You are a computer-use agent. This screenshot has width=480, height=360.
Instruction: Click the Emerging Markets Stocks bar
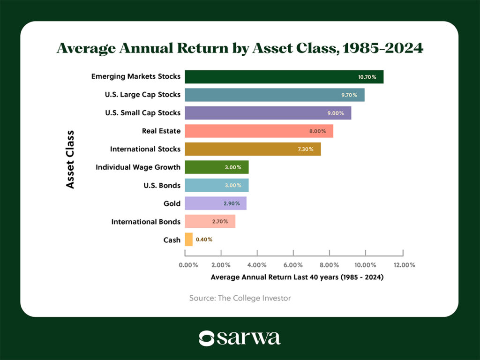pyautogui.click(x=284, y=77)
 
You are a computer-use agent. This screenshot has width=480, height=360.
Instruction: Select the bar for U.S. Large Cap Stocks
pyautogui.click(x=275, y=95)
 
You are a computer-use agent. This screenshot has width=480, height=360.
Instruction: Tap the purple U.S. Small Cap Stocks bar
pyautogui.click(x=268, y=113)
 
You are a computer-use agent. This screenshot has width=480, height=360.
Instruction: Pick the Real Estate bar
pyautogui.click(x=259, y=131)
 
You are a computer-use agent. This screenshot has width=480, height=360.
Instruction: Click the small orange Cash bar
pyautogui.click(x=189, y=240)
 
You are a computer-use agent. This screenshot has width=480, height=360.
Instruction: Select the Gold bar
pyautogui.click(x=216, y=203)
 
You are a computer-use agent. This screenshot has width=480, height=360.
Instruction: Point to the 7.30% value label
pyautogui.click(x=307, y=149)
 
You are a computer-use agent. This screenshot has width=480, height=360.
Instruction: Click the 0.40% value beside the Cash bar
pyautogui.click(x=204, y=240)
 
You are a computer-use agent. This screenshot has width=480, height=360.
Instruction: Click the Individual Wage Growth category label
pyautogui.click(x=138, y=167)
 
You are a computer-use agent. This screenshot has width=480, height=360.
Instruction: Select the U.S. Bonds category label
pyautogui.click(x=163, y=185)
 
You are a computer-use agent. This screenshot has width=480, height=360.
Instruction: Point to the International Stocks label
pyautogui.click(x=145, y=149)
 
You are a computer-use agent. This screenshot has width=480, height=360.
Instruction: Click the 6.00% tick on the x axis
pyautogui.click(x=293, y=265)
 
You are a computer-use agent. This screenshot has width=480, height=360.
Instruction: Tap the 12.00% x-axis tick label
pyautogui.click(x=401, y=265)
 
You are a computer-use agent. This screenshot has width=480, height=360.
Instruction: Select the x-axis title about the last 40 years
pyautogui.click(x=297, y=277)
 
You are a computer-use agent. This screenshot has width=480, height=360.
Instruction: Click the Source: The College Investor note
pyautogui.click(x=240, y=298)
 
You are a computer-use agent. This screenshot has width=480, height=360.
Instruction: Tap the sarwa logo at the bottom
pyautogui.click(x=240, y=338)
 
